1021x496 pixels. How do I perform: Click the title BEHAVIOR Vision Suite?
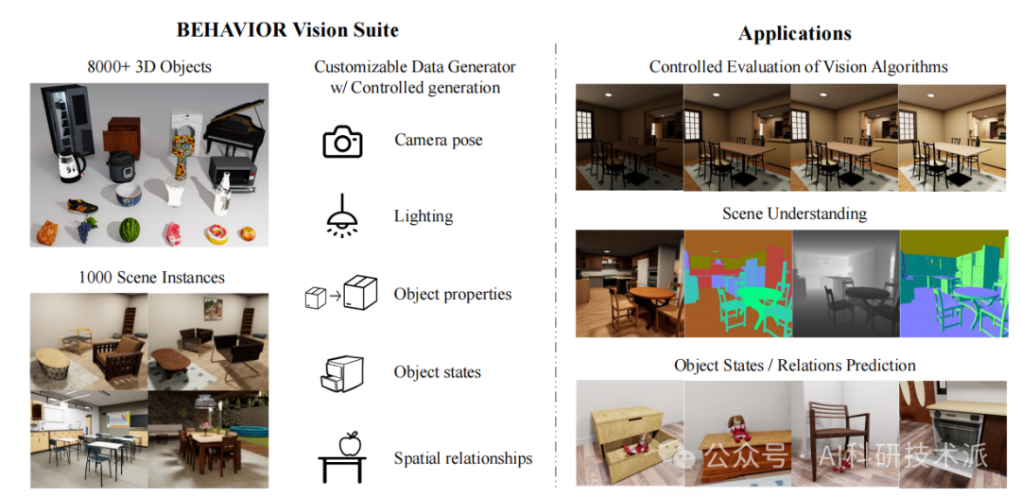(287, 29)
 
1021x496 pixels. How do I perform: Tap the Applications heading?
(794, 34)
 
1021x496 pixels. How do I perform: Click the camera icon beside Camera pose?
(342, 142)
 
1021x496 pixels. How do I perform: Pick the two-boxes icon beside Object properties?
(340, 294)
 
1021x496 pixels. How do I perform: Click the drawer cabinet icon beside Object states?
(341, 372)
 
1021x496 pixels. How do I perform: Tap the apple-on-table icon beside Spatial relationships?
(341, 458)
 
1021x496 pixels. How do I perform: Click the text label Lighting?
(424, 216)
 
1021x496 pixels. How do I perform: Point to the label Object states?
(437, 371)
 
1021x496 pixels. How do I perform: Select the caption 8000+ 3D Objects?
(148, 66)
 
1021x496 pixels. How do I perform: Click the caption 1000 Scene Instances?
(151, 277)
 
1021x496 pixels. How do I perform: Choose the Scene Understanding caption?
(794, 214)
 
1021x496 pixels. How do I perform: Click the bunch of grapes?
(85, 228)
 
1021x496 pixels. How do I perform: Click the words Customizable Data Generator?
(415, 67)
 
